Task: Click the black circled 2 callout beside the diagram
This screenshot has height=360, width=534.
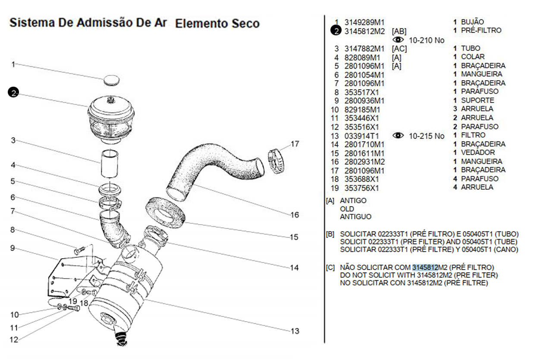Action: point(13,92)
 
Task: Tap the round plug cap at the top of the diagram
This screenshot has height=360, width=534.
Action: point(112,80)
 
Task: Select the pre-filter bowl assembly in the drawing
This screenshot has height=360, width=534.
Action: point(111,120)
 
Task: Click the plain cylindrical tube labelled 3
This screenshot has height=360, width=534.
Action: point(110,164)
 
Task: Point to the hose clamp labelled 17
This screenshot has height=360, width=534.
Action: point(276,161)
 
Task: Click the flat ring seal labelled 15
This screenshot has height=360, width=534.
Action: point(165,213)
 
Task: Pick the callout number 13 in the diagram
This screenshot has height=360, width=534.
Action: point(295,331)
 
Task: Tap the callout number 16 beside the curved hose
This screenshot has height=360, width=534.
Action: point(295,215)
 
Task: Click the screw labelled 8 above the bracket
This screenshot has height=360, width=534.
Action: point(80,250)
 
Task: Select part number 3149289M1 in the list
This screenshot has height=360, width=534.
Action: point(364,22)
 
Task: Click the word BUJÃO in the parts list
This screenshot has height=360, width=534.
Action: point(472,22)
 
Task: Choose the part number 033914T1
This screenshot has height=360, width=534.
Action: point(361,136)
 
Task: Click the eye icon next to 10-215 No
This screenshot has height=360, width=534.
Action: point(398,135)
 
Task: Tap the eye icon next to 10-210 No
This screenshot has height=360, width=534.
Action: point(398,40)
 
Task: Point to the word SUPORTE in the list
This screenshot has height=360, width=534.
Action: point(477,100)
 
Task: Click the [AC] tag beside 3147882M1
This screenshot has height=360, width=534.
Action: point(399,49)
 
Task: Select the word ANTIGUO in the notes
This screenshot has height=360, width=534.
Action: point(355,217)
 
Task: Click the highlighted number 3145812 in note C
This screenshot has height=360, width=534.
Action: point(425,268)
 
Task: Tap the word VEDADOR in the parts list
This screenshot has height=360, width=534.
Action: point(478,152)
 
